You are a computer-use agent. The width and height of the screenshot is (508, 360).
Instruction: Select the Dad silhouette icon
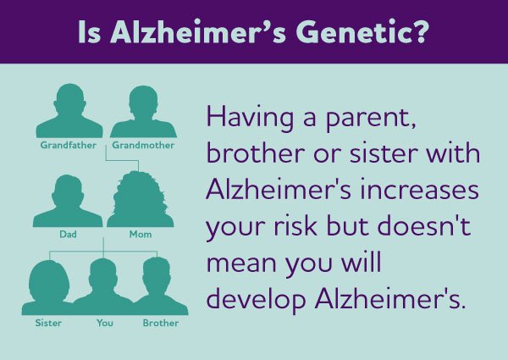pos(67,201)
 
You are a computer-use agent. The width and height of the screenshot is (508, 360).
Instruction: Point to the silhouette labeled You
pos(104,289)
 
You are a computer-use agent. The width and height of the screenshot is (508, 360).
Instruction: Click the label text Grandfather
pos(69,145)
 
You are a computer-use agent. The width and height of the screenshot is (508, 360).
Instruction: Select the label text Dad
pos(67,233)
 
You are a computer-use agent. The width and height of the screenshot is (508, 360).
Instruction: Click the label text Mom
pos(141,233)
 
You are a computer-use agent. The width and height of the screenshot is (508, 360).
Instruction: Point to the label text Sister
pos(48,324)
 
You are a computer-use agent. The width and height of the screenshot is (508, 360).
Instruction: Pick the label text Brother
pos(160,324)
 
